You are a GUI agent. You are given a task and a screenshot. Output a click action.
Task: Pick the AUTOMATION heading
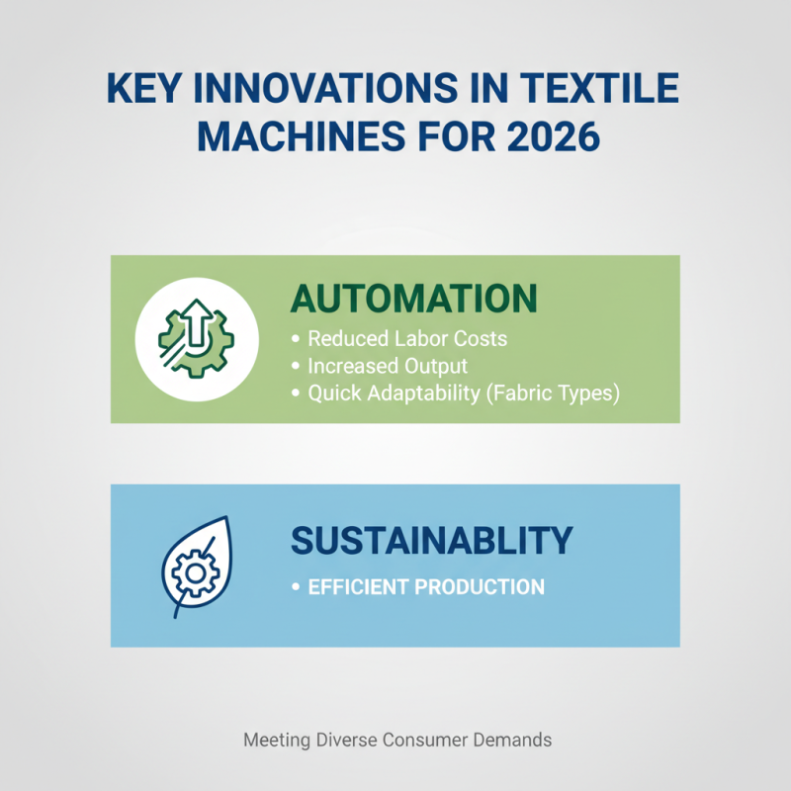(413, 298)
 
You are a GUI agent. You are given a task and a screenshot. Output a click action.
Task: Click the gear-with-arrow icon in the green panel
(196, 335)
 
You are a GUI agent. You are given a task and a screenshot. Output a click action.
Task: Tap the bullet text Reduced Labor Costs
(407, 338)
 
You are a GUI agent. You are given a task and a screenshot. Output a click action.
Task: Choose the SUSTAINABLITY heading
(431, 540)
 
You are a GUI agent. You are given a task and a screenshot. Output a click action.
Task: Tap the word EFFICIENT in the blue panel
(358, 586)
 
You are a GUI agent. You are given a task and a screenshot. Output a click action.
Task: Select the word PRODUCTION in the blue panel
(480, 586)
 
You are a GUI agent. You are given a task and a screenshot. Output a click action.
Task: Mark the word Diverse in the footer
(345, 740)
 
